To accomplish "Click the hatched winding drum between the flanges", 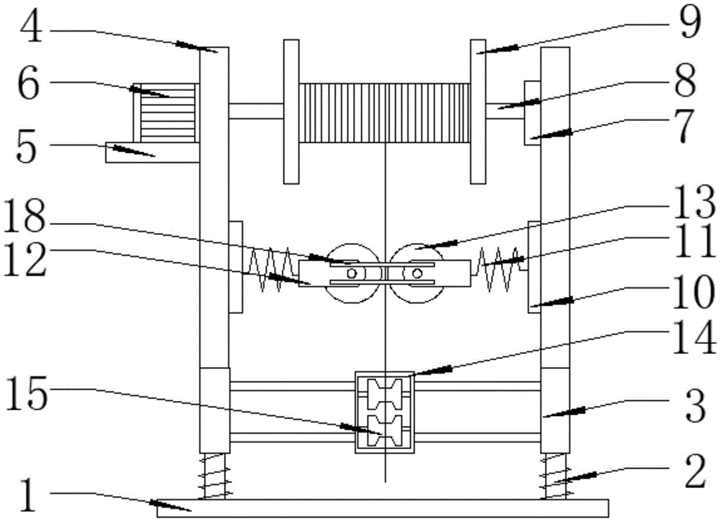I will pyautogui.click(x=385, y=112).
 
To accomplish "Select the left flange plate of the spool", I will pyautogui.click(x=291, y=112).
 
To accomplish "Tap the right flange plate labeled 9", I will pyautogui.click(x=479, y=112).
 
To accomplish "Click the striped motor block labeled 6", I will pyautogui.click(x=167, y=111).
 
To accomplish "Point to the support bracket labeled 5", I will pyautogui.click(x=151, y=152).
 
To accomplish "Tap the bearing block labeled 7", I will pyautogui.click(x=531, y=112).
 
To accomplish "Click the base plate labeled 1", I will pyautogui.click(x=382, y=508).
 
